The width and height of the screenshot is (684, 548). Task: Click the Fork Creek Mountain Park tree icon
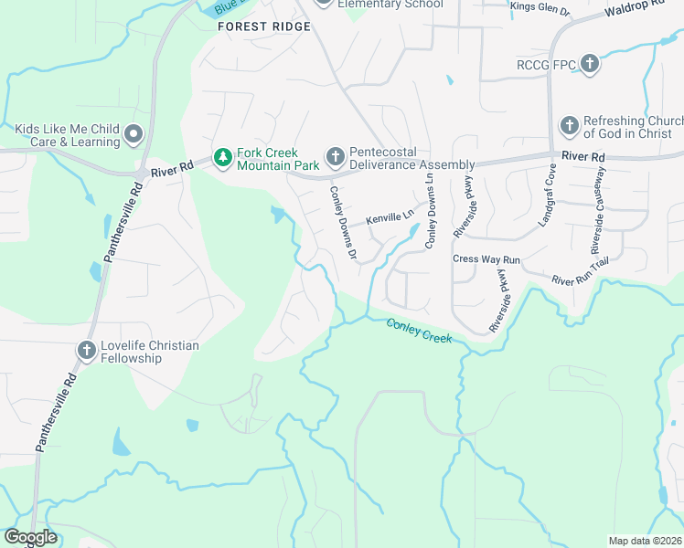click(x=222, y=158)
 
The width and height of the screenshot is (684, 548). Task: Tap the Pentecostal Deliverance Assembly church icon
click(x=335, y=157)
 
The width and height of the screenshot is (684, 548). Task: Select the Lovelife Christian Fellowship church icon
click(x=87, y=352)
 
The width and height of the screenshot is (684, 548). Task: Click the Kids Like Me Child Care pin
click(x=134, y=136)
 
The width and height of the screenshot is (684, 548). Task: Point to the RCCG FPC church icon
click(x=590, y=64)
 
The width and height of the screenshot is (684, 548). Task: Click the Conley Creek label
click(x=419, y=331)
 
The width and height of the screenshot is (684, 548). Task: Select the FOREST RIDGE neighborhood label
click(x=264, y=26)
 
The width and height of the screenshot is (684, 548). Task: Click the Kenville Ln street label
click(x=390, y=219)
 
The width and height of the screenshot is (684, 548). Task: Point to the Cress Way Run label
click(x=486, y=259)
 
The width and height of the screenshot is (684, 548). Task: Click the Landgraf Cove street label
click(x=547, y=196)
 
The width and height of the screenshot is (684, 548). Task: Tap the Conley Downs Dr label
click(x=343, y=222)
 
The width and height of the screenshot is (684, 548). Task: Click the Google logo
click(x=29, y=538)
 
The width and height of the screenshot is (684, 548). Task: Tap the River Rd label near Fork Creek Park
click(x=173, y=168)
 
